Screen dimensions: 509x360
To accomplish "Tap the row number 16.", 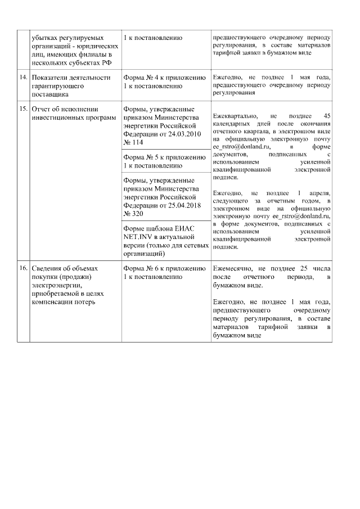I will pyautogui.click(x=23, y=268).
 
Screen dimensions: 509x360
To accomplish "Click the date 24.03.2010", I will pyautogui.click(x=179, y=134).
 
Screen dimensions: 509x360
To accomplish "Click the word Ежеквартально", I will pyautogui.click(x=235, y=115).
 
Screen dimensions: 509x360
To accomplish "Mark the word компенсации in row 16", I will pyautogui.click(x=53, y=301).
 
